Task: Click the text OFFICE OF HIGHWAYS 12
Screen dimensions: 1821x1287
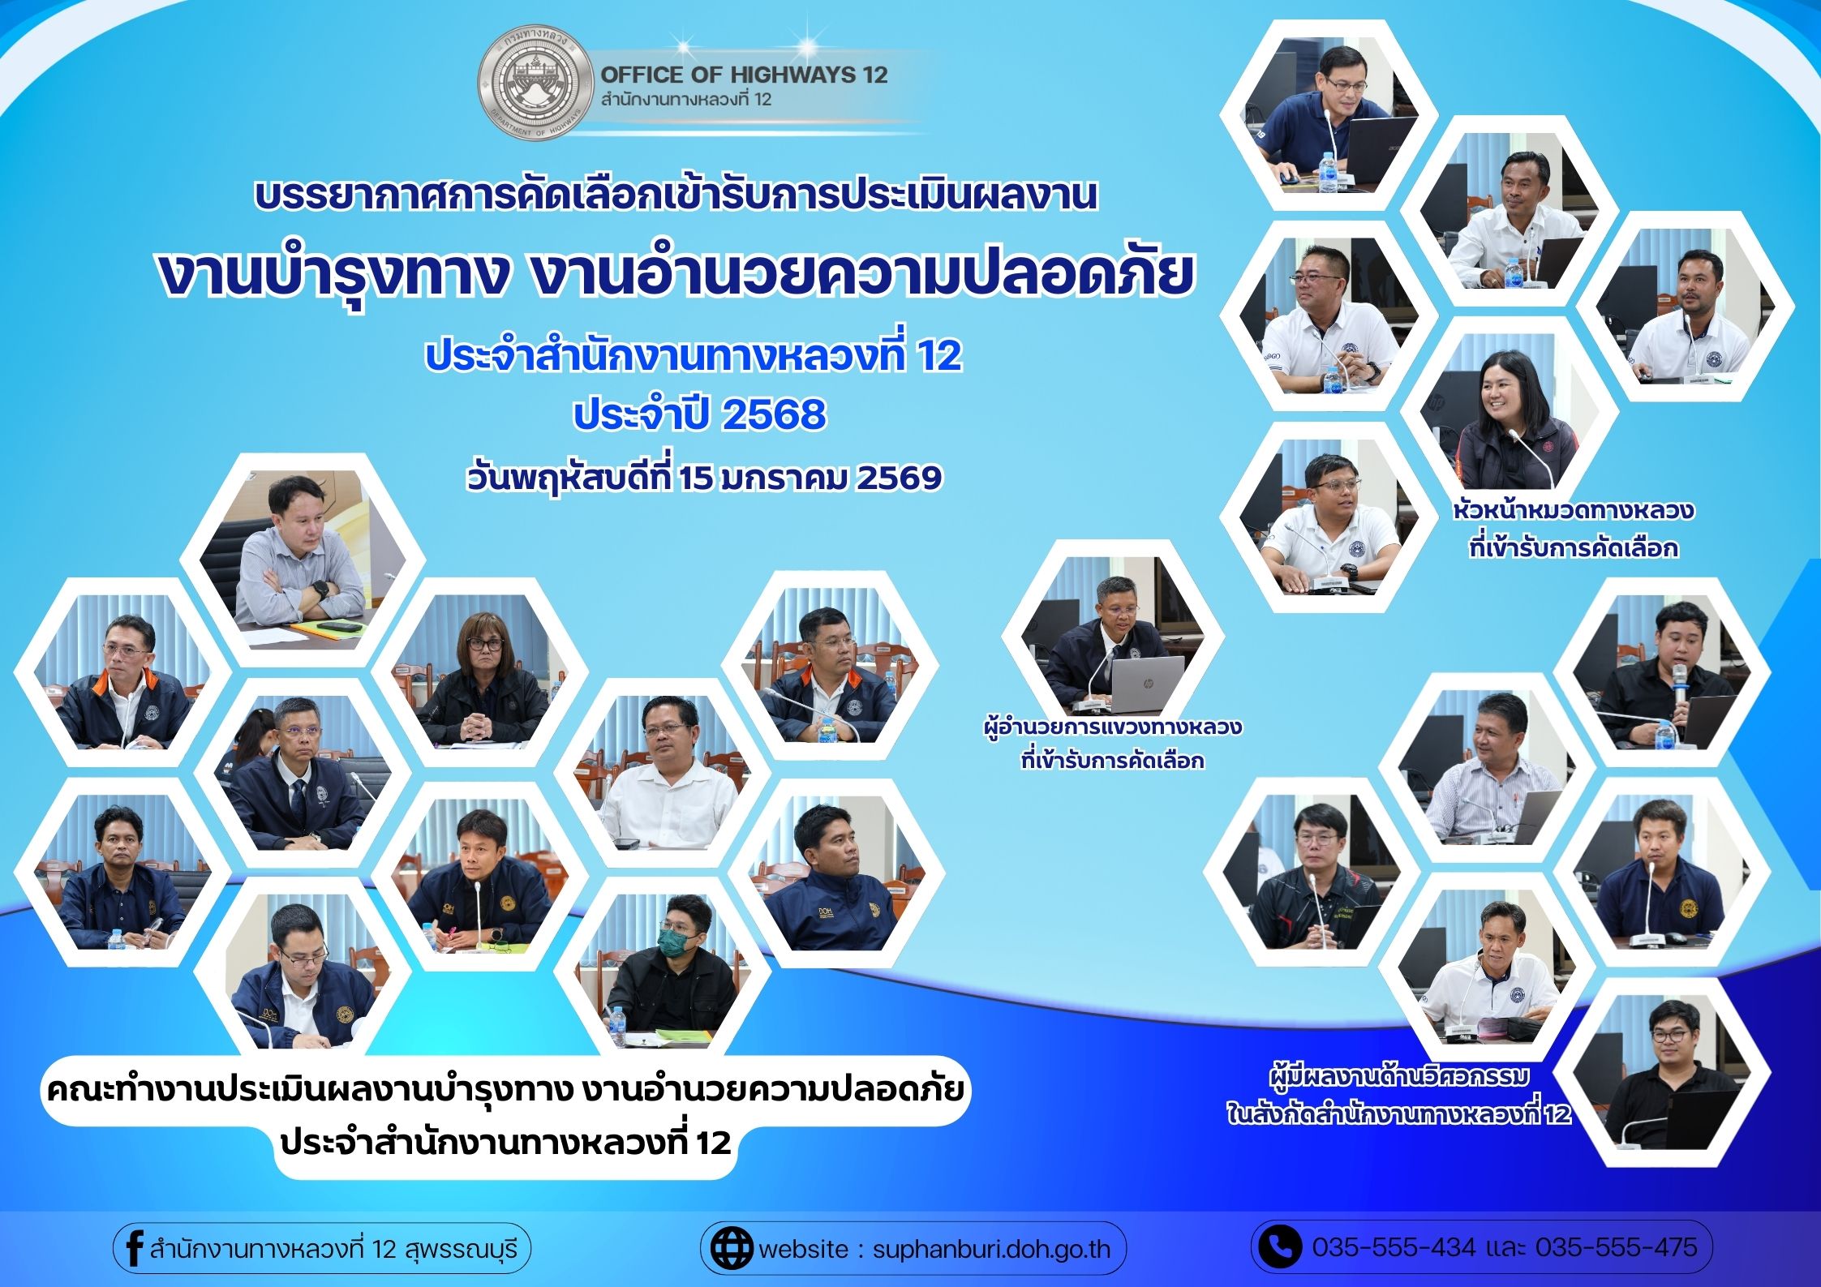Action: pos(744,75)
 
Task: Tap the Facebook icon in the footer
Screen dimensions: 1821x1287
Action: pos(134,1246)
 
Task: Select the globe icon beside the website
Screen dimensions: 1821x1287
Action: pos(732,1247)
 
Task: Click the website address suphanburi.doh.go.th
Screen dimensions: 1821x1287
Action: pos(991,1248)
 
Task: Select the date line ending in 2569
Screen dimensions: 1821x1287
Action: pos(704,478)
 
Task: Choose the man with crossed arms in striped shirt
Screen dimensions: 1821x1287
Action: pos(303,557)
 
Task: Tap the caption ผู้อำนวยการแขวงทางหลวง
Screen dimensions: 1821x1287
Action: pos(1112,726)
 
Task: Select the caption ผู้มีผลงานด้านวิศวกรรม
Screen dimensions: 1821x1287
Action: pos(1399,1078)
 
